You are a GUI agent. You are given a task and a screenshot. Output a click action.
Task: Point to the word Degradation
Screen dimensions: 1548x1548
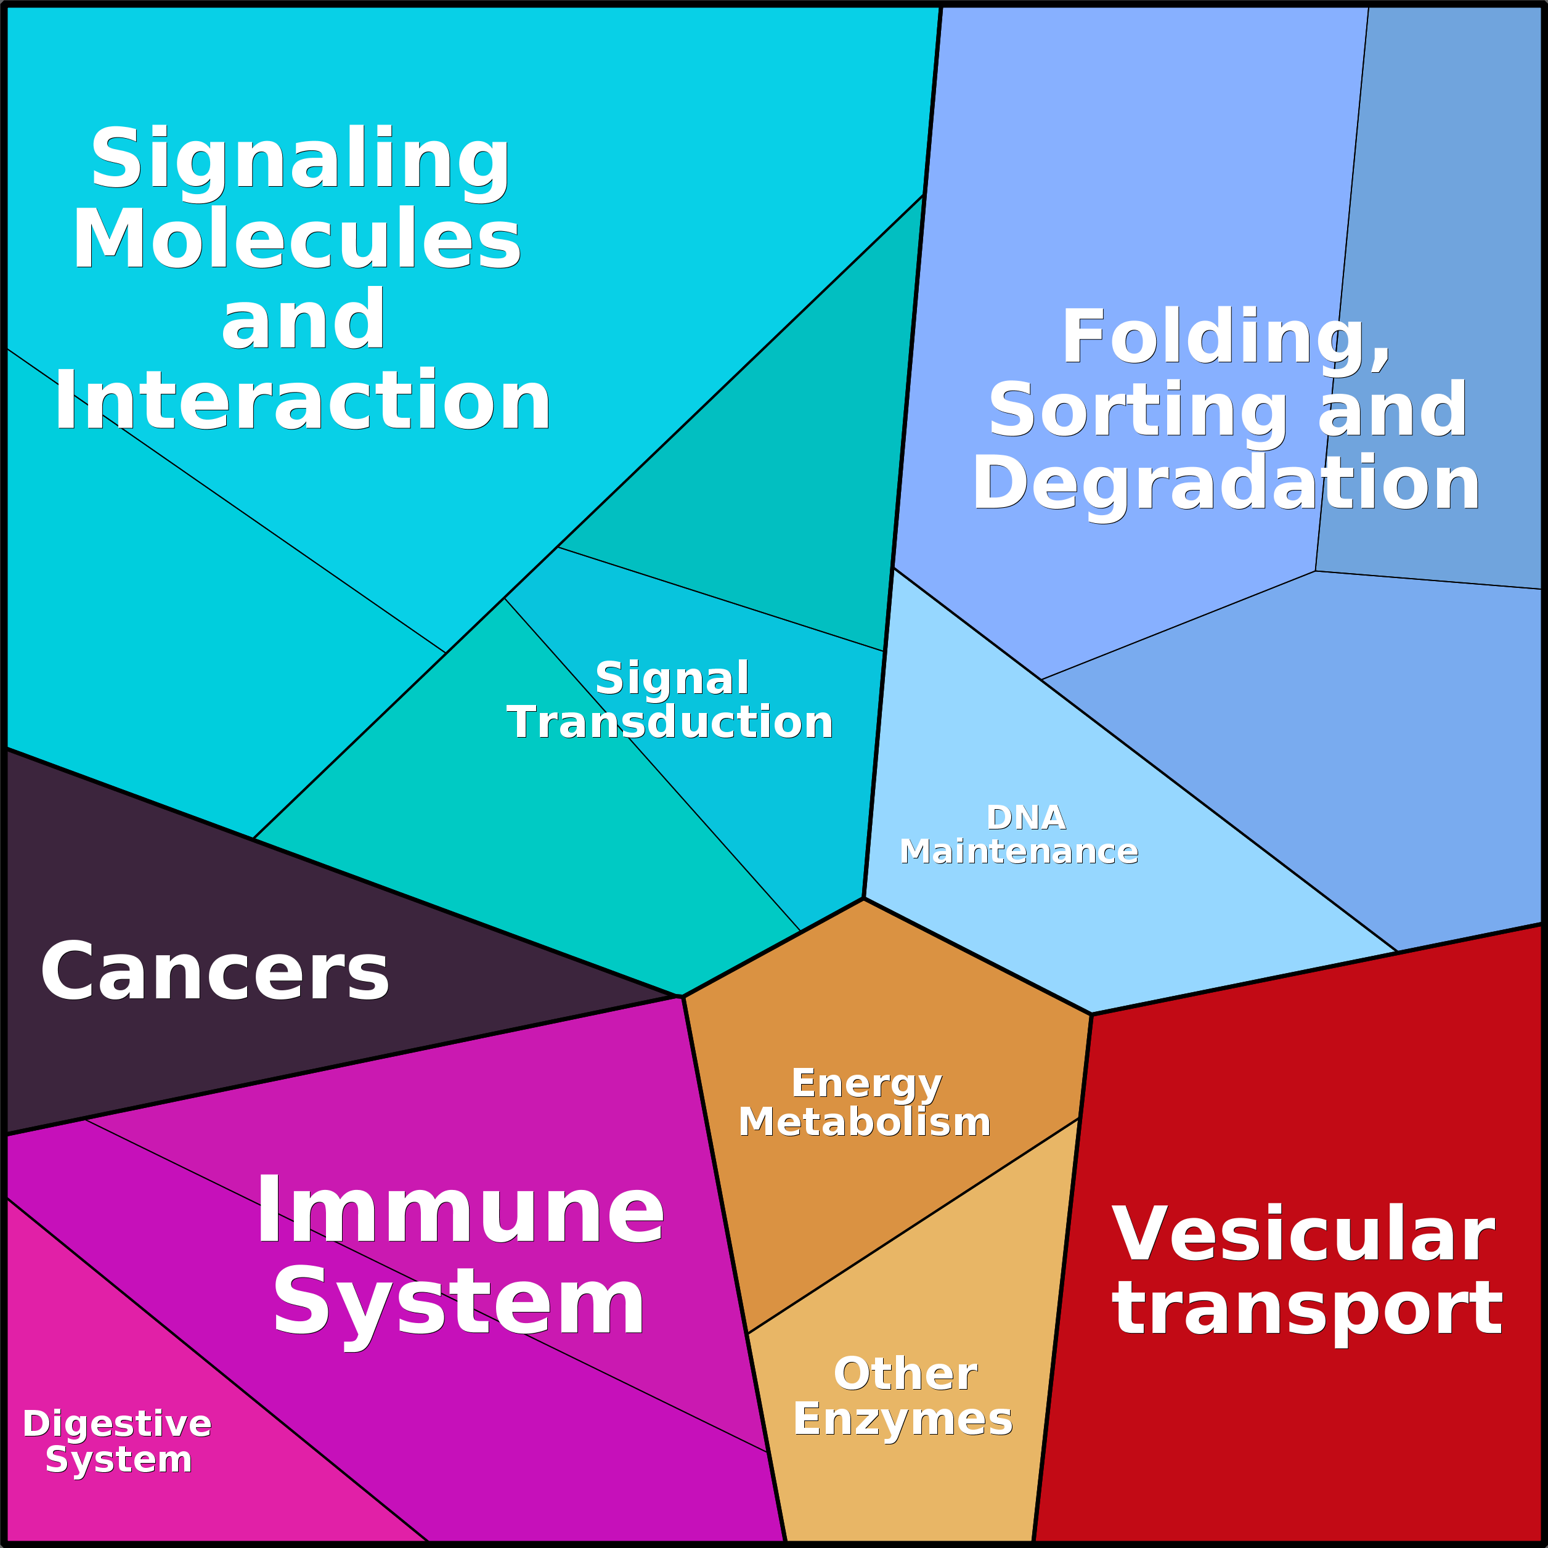tap(1225, 484)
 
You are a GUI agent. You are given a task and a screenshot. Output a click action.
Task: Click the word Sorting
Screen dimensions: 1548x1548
tap(1136, 411)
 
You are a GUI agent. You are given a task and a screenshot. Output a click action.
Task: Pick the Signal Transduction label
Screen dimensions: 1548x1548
tap(670, 700)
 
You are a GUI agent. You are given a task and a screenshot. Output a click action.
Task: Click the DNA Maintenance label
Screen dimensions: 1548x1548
tap(1019, 834)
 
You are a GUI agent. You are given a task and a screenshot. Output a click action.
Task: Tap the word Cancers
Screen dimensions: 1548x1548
tap(214, 972)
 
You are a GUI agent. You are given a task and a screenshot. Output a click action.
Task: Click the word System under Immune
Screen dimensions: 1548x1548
tap(458, 1303)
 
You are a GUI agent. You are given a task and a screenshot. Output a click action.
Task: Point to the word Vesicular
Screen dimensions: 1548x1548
tap(1303, 1235)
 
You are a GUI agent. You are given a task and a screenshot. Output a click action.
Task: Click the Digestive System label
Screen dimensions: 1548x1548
tap(117, 1441)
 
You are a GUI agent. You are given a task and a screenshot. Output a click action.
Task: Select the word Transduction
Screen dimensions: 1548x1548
tap(670, 723)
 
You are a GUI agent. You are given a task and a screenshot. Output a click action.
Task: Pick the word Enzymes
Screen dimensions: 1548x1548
tap(903, 1420)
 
